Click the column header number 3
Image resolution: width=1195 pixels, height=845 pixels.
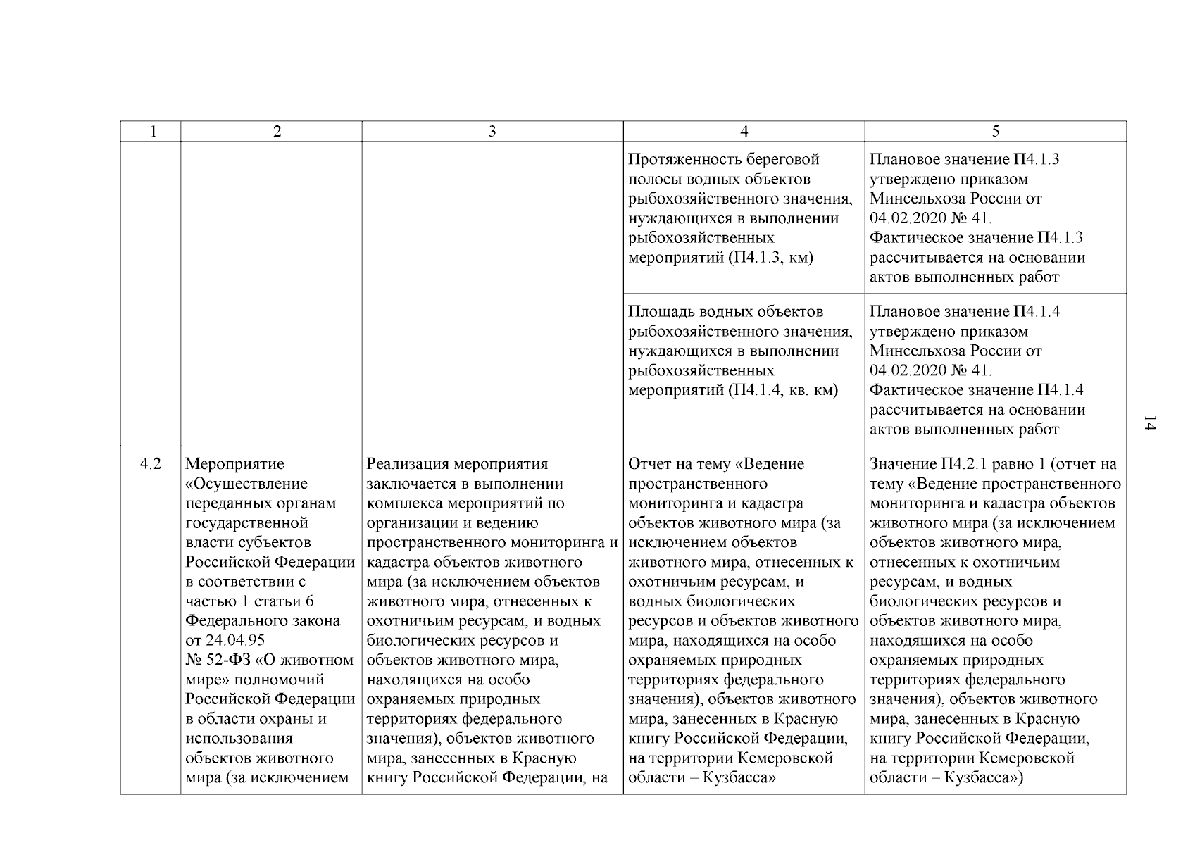(492, 132)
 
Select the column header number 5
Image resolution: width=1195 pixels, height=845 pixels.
(995, 132)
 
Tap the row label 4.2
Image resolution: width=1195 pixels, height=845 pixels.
(150, 464)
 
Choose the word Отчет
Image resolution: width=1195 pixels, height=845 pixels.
(650, 465)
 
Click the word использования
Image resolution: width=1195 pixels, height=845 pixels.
(239, 739)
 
